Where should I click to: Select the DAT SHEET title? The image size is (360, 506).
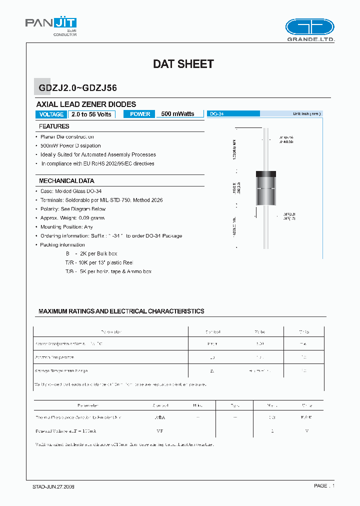click(183, 64)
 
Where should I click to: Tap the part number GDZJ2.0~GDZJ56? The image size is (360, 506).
click(77, 88)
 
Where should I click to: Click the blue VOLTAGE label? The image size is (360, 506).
click(51, 114)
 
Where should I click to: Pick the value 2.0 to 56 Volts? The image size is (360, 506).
click(91, 114)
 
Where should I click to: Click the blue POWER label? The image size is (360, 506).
click(140, 114)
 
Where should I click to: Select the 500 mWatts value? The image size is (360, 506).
click(177, 114)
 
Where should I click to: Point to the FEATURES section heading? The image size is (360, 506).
click(54, 126)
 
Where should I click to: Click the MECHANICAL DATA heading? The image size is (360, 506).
click(66, 181)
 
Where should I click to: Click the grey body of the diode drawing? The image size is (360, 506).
click(266, 195)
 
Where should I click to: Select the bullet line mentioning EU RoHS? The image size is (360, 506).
click(97, 163)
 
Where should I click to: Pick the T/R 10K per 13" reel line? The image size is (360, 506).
click(99, 262)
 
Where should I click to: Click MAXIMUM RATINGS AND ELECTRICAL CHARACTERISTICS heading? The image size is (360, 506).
click(121, 311)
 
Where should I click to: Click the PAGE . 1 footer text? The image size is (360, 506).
click(324, 486)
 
